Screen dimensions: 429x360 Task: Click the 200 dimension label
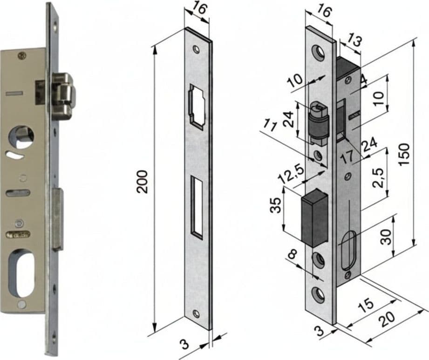click(143, 182)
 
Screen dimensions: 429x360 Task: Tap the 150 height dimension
click(404, 154)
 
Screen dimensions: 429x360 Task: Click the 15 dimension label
click(366, 304)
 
